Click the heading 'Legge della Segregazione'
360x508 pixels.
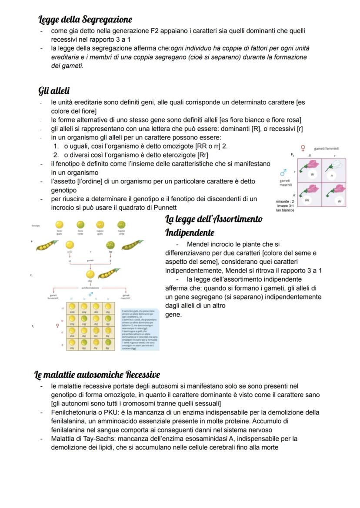pyautogui.click(x=85, y=20)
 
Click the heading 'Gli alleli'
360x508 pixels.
pyautogui.click(x=54, y=91)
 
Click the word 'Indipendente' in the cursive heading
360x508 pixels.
pyautogui.click(x=190, y=232)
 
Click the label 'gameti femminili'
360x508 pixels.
pyautogui.click(x=327, y=149)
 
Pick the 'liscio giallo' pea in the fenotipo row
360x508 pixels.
pyautogui.click(x=60, y=225)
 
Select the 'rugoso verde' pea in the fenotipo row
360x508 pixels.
pyautogui.click(x=121, y=225)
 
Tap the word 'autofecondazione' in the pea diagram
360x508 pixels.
pyautogui.click(x=90, y=288)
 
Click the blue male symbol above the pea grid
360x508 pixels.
pyautogui.click(x=90, y=294)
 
